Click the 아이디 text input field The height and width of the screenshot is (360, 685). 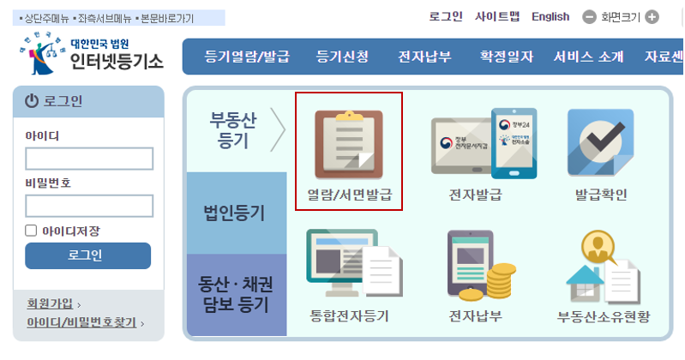[x=89, y=159]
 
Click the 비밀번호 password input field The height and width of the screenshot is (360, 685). [x=89, y=206]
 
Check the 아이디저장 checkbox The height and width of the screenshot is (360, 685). [x=32, y=231]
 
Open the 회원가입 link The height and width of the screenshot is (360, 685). [x=51, y=303]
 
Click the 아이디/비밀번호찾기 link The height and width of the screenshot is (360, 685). [x=81, y=323]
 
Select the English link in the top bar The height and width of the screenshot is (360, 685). [x=550, y=16]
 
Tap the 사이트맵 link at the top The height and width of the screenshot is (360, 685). [x=497, y=16]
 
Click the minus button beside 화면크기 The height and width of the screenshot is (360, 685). [x=589, y=16]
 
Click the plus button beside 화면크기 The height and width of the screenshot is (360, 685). [x=652, y=16]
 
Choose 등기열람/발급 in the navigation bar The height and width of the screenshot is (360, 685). [x=247, y=57]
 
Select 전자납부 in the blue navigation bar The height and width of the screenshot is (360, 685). [x=426, y=57]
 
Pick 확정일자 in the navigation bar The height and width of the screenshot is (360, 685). [x=506, y=57]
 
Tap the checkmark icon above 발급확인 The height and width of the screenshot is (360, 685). [x=600, y=141]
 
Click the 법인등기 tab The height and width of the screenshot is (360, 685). [x=234, y=212]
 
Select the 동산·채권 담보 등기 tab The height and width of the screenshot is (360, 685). [x=234, y=292]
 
